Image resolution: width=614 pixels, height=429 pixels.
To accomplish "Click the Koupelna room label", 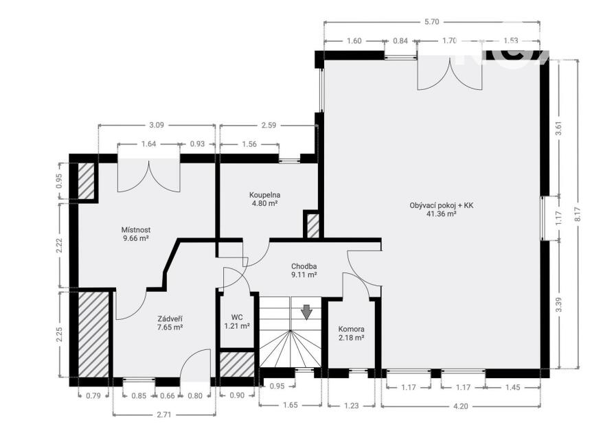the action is [x=264, y=195].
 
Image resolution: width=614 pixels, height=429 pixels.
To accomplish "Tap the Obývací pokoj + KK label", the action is [x=442, y=205].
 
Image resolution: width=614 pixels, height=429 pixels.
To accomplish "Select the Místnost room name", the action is [x=136, y=230].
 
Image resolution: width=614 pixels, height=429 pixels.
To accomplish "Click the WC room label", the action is [x=237, y=317].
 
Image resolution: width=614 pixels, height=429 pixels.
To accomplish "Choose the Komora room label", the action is [x=352, y=329].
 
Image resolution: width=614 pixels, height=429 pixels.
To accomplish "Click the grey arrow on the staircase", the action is [x=306, y=312].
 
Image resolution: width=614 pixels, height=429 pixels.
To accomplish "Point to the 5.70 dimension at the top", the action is [x=431, y=22].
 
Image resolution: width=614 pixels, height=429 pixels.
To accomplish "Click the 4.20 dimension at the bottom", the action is [x=460, y=406].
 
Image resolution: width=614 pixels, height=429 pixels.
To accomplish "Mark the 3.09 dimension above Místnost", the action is [x=157, y=125].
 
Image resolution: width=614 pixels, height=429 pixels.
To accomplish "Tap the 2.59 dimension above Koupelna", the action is [x=269, y=125].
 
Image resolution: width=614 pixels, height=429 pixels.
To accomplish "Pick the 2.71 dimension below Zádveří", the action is [x=164, y=415].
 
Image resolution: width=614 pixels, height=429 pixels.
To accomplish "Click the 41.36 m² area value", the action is [x=442, y=213].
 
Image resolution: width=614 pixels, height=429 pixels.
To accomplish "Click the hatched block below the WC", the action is [x=236, y=364].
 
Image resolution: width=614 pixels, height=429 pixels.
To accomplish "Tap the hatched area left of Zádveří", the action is [x=93, y=334].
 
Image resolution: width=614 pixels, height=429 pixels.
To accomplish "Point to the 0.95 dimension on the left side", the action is [x=59, y=181].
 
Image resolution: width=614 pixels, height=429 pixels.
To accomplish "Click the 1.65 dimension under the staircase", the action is [x=290, y=405].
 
